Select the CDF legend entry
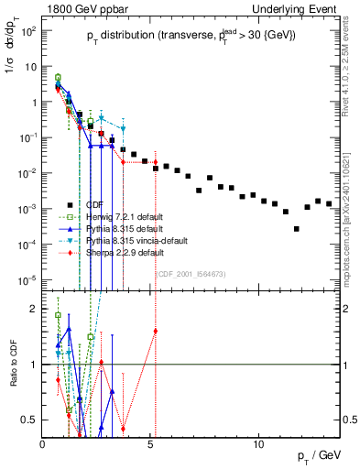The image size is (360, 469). (95, 204)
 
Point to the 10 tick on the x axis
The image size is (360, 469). (259, 444)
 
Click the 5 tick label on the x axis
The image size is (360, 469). (151, 444)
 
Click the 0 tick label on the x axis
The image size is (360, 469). (43, 444)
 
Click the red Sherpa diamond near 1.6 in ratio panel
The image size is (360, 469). (156, 331)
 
